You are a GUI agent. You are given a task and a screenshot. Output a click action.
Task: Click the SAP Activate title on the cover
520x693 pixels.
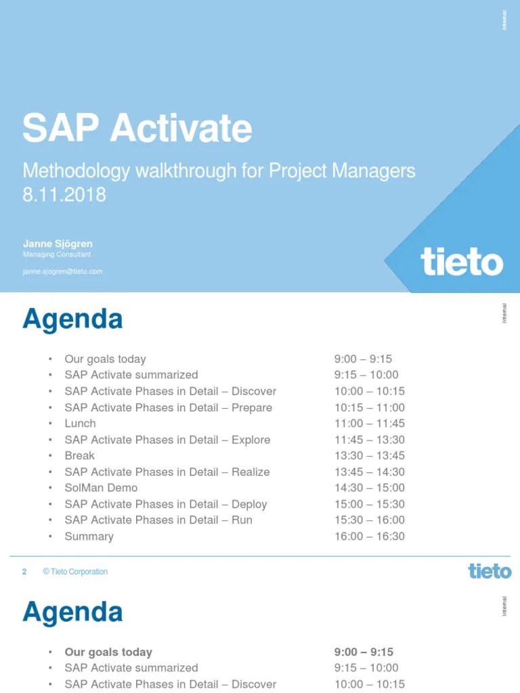coord(137,129)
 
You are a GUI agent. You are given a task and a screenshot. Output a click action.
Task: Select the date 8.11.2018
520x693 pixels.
coord(64,195)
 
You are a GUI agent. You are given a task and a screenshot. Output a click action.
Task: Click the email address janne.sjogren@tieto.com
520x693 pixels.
coord(62,271)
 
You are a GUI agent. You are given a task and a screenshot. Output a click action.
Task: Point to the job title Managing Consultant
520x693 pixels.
coord(57,254)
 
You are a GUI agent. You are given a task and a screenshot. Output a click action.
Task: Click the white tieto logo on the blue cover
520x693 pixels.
coord(462,261)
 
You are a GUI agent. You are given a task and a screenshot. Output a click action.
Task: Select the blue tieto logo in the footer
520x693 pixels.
coord(490,571)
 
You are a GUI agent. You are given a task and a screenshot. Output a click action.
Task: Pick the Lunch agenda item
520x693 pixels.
coord(80,423)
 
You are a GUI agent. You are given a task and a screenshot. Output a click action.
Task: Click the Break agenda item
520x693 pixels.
coord(79,455)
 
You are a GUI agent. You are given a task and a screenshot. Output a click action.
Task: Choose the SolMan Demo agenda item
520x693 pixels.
coord(101,487)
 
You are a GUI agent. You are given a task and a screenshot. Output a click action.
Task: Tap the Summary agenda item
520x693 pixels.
coord(89,536)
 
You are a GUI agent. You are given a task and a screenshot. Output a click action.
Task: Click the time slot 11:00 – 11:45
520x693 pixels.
coord(369,423)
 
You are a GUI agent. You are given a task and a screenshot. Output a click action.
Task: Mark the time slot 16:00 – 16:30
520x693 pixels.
coord(369,536)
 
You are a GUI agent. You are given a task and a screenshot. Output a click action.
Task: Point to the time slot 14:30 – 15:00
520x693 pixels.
coord(369,487)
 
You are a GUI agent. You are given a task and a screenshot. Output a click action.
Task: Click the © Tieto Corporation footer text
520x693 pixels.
coord(74,572)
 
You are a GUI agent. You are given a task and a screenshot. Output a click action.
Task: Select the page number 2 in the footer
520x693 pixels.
coord(24,572)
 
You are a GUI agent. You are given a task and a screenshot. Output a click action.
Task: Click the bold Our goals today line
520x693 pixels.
coord(108,652)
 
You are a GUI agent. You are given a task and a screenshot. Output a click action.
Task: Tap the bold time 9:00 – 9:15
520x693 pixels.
coord(364,652)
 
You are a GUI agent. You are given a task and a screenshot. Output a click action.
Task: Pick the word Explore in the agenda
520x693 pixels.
coord(251,439)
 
